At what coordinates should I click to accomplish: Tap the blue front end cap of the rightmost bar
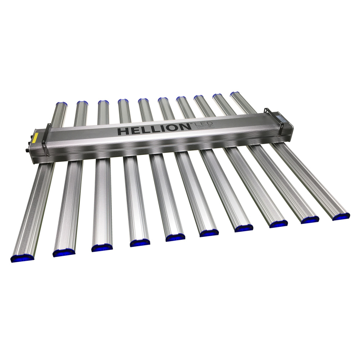coord(341,216)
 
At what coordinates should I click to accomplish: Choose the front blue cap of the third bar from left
coord(102,248)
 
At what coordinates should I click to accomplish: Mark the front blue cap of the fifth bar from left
coord(175,237)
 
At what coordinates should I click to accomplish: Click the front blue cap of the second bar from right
coord(310,220)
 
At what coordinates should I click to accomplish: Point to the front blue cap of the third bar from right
coord(278,224)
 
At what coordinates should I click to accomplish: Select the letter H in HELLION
coord(123,131)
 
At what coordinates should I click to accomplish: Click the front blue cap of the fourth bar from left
coord(140,243)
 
